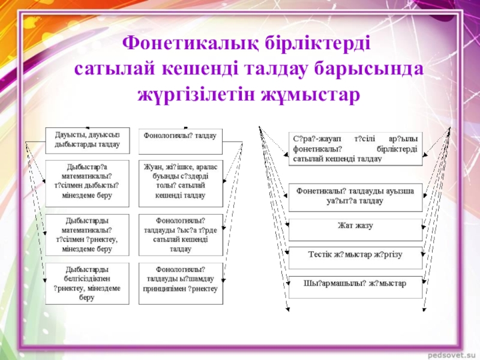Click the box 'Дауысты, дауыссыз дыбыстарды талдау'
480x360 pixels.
87,140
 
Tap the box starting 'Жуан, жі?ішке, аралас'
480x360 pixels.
180,179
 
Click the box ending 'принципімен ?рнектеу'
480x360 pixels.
180,278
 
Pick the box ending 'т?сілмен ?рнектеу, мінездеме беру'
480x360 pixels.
87,233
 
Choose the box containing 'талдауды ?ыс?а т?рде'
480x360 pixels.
180,233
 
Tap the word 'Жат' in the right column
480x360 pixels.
345,226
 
